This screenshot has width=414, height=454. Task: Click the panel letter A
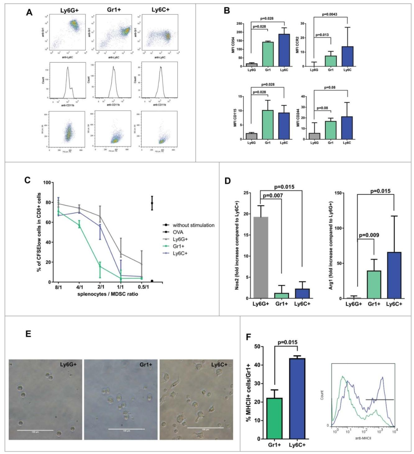pos(29,12)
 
